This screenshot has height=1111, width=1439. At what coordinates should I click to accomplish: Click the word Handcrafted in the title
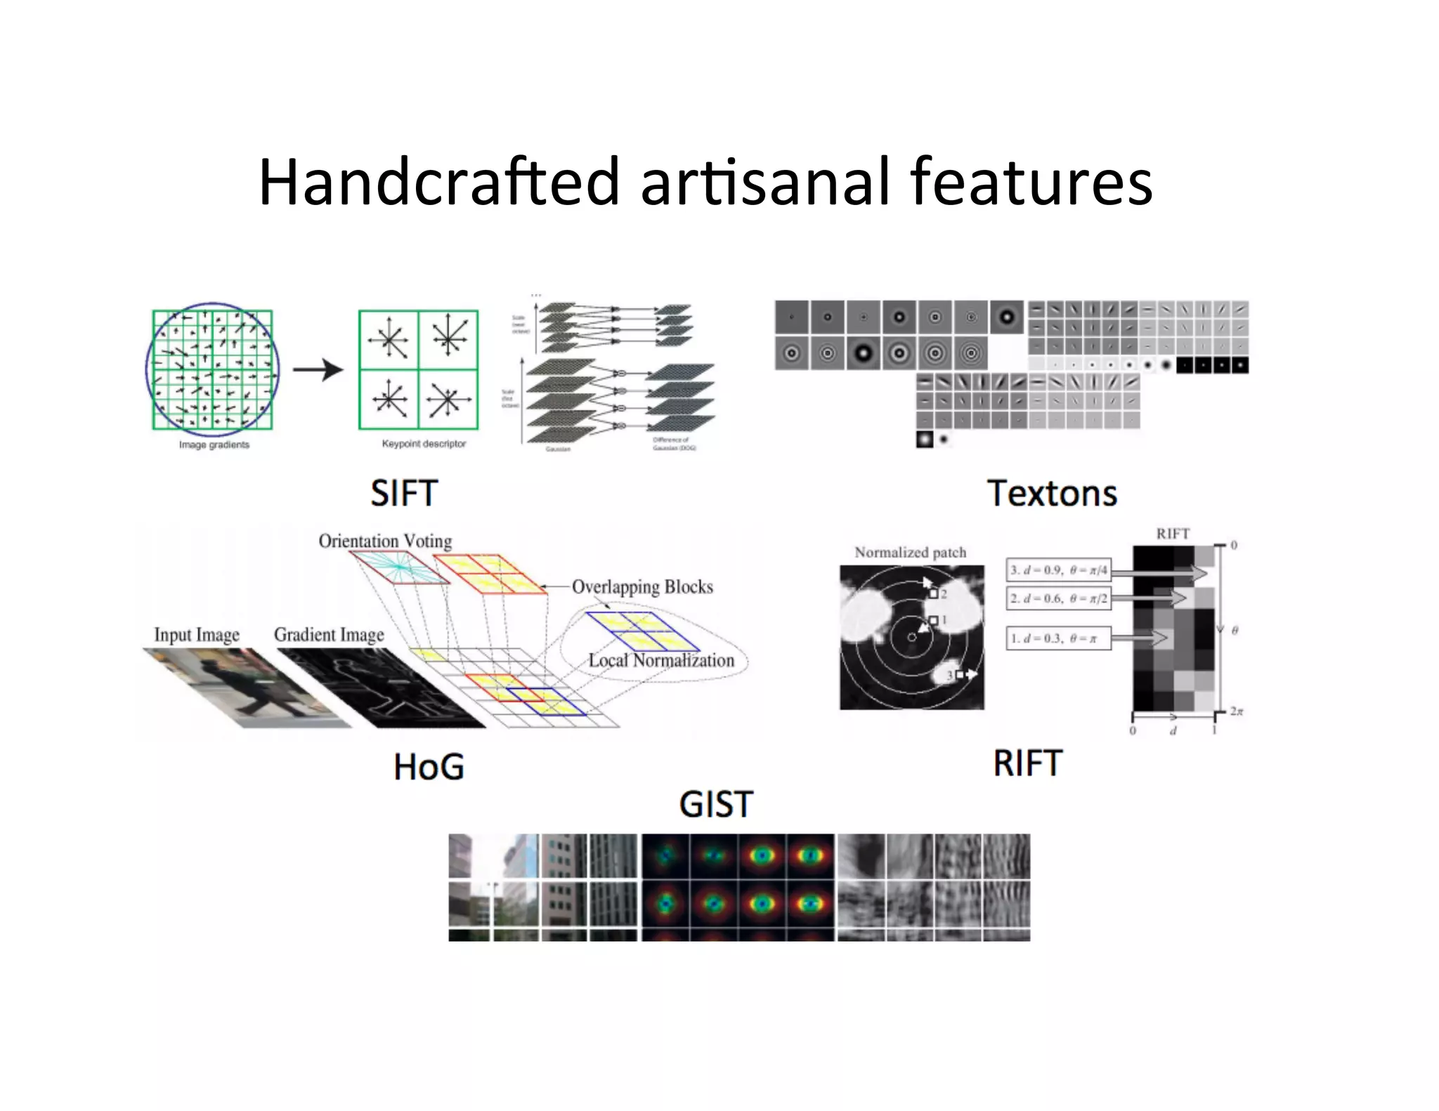point(439,183)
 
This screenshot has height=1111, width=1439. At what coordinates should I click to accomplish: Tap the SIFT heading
point(404,493)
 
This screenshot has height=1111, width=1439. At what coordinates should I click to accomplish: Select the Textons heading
point(1052,493)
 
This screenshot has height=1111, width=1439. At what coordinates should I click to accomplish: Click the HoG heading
point(429,766)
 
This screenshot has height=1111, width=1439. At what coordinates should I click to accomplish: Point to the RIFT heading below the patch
point(1027,763)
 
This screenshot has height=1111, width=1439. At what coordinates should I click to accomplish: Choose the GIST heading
point(716,804)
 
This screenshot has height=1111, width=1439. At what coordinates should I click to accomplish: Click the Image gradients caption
point(214,445)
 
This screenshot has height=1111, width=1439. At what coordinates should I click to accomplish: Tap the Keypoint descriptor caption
point(424,444)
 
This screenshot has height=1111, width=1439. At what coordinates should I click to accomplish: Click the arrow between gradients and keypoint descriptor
point(318,369)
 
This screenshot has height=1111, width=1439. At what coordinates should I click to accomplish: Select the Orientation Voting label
point(385,541)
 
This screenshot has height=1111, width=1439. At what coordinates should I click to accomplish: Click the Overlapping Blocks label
point(642,587)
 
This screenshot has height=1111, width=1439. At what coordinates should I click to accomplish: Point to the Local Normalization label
point(661,661)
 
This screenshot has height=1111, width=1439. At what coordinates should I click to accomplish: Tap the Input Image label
point(197,635)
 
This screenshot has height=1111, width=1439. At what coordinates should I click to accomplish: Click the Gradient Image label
point(329,635)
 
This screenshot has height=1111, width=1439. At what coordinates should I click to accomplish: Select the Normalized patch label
point(910,553)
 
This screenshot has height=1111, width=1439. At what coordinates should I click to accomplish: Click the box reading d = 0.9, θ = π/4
point(1058,570)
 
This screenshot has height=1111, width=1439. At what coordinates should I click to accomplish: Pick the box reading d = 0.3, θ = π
point(1058,638)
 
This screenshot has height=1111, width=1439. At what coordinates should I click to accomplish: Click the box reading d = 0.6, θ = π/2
point(1058,598)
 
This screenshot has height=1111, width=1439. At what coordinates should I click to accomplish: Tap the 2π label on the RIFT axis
point(1237,711)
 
